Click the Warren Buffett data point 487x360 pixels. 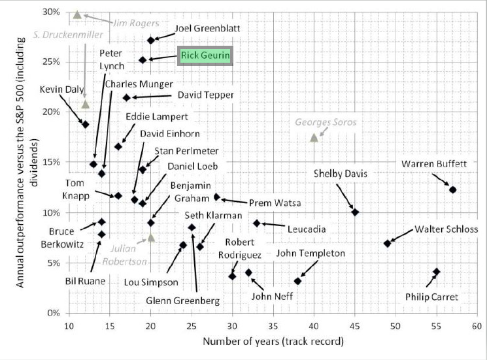pos(452,189)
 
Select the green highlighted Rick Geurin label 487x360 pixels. pos(205,56)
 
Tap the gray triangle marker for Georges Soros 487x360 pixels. pos(314,137)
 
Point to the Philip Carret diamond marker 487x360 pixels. pos(436,272)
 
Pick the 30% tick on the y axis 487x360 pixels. pos(52,12)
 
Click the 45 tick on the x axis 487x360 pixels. pos(355,325)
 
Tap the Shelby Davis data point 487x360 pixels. pos(355,212)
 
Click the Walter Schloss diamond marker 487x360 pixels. pos(387,243)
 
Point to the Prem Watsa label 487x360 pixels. pos(279,203)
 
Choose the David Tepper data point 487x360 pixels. pos(126,97)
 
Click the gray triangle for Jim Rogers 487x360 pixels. pos(77,14)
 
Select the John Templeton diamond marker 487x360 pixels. pos(297,281)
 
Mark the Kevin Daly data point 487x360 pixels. pos(85,124)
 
